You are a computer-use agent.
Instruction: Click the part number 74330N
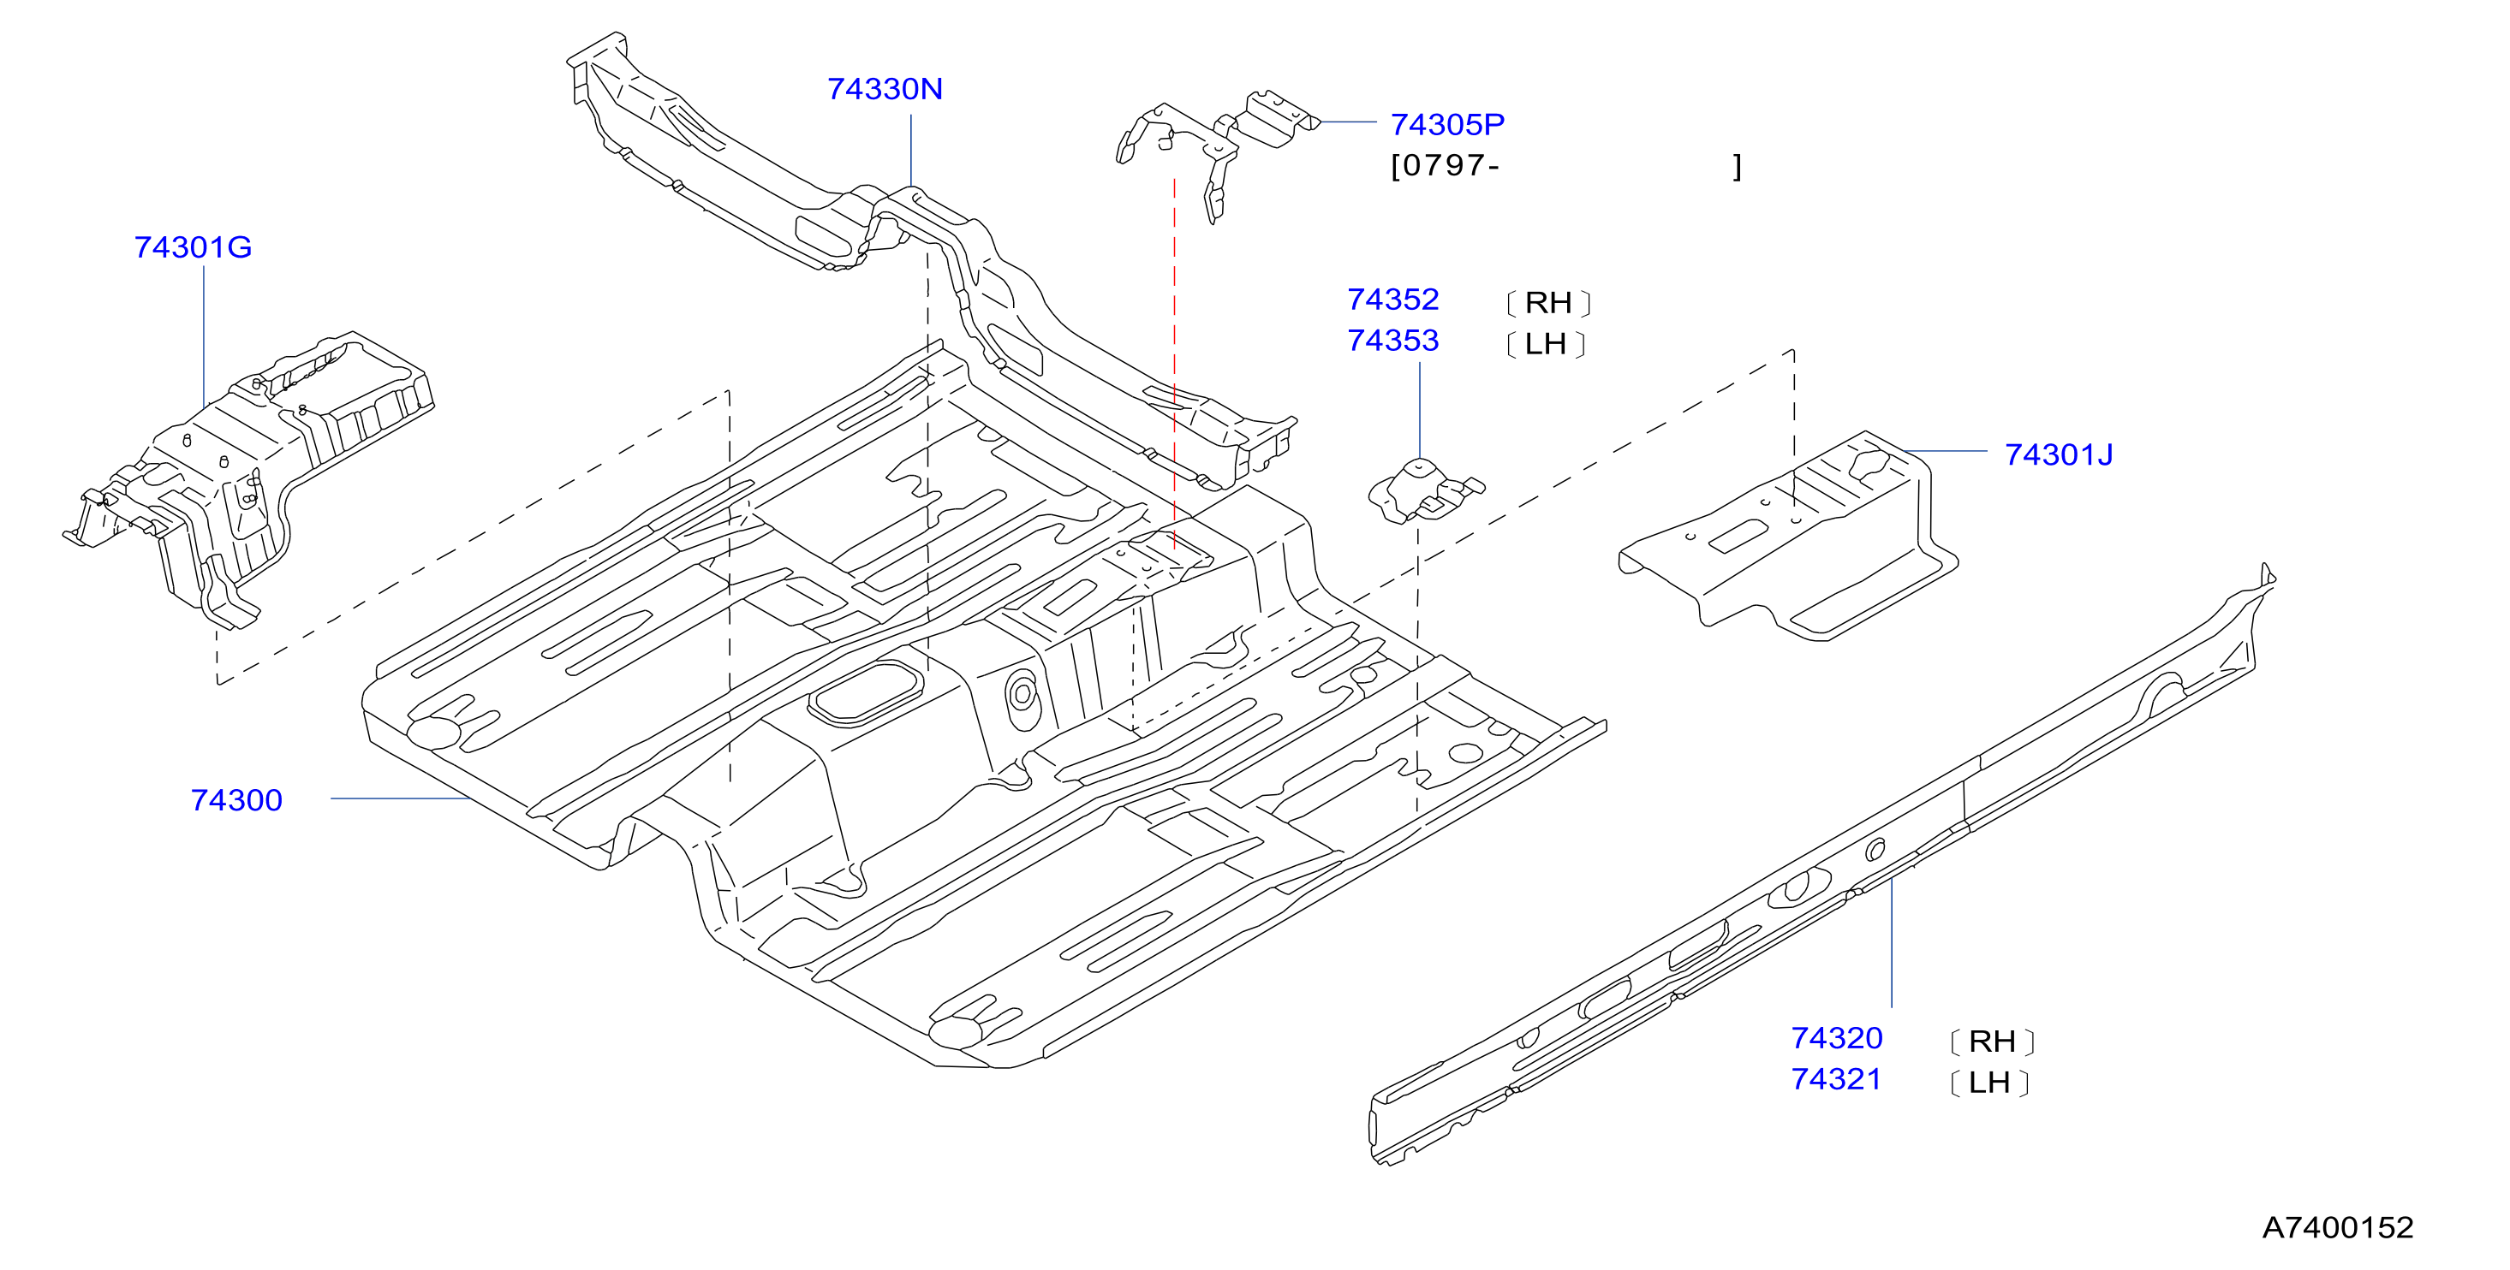click(885, 89)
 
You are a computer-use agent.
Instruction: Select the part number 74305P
click(1447, 125)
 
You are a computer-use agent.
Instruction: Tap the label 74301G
click(193, 247)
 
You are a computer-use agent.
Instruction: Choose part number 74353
click(1392, 341)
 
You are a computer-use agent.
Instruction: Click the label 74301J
click(2059, 454)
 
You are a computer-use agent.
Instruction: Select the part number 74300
click(236, 800)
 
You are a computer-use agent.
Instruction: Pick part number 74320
click(1837, 1038)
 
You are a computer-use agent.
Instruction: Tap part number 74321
click(1836, 1079)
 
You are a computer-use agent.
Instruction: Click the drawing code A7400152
click(2338, 1227)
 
